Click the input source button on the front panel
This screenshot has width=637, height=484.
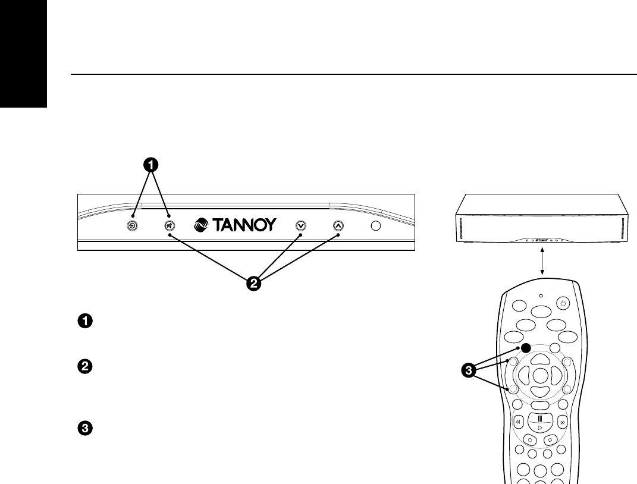(x=133, y=226)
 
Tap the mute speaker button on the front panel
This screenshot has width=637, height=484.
(x=170, y=226)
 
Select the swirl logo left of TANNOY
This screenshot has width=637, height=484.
(x=203, y=226)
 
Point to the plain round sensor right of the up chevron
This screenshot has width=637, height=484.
(x=376, y=226)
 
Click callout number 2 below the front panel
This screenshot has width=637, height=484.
(x=253, y=284)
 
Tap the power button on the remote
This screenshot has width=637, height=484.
(x=563, y=303)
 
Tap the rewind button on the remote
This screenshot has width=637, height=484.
(x=517, y=423)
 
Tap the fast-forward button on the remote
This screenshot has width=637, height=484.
(x=563, y=423)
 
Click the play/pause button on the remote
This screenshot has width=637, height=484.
(x=540, y=422)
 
